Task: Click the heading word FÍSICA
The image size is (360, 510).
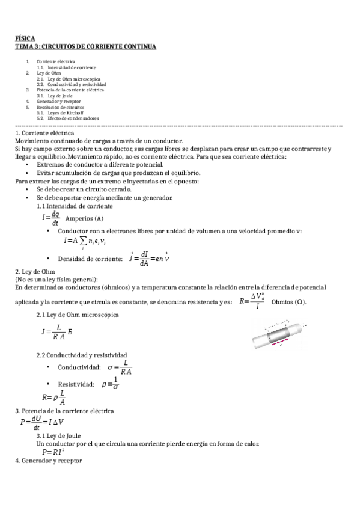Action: coord(25,38)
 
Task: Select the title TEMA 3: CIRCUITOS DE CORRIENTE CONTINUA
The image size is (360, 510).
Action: coord(85,46)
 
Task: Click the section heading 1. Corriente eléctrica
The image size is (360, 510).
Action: coord(44,132)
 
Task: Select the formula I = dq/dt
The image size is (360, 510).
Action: coord(51,218)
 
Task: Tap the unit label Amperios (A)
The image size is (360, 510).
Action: coord(84,218)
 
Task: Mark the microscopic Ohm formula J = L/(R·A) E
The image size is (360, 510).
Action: coord(57,331)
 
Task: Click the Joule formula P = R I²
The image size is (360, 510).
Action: coord(53,452)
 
